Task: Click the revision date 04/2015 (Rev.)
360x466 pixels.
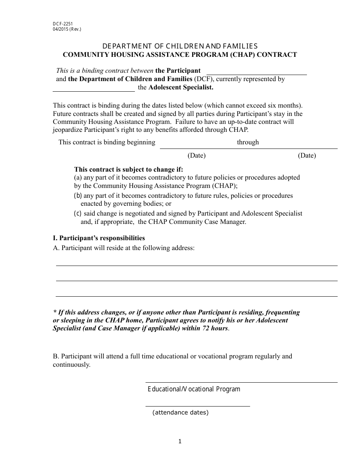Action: (67, 29)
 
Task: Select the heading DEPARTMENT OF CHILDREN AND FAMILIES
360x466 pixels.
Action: (180, 46)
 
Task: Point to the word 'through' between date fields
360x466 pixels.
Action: (248, 142)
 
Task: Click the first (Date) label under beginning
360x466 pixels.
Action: (196, 155)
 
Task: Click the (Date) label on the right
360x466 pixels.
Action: (307, 155)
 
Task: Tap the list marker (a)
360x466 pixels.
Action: (78, 177)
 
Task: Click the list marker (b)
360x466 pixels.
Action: (78, 195)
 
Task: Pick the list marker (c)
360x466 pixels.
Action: (78, 213)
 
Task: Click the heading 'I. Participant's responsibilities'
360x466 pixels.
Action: (99, 238)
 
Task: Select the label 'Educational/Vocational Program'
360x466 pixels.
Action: (194, 389)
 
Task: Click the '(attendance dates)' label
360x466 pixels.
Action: (180, 413)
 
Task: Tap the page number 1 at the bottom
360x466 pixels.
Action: (180, 441)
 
